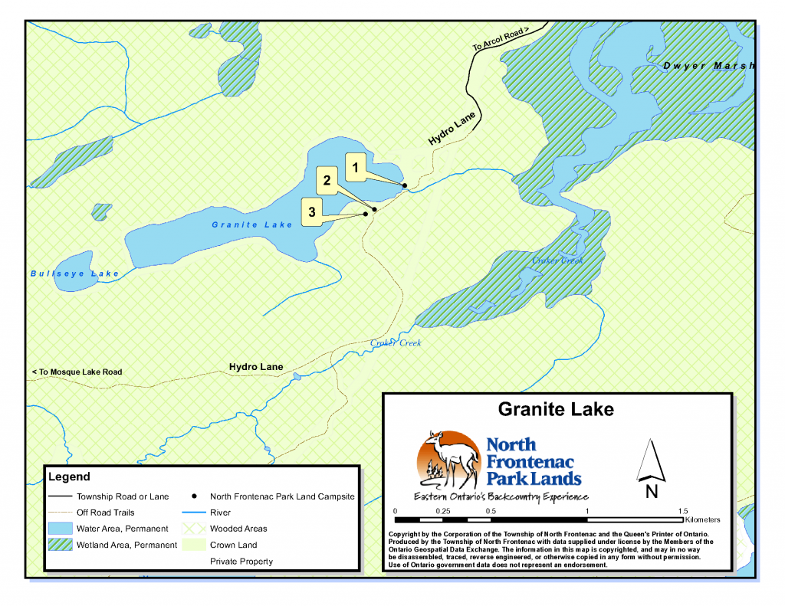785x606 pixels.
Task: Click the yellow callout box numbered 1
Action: pyautogui.click(x=355, y=166)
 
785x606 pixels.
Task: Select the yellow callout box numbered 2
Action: pyautogui.click(x=327, y=182)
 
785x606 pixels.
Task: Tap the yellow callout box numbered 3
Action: pyautogui.click(x=312, y=211)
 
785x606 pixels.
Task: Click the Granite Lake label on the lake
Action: pyautogui.click(x=252, y=224)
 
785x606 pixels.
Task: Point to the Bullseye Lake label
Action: pyautogui.click(x=75, y=274)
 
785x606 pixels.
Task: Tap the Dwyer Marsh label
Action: pyautogui.click(x=709, y=66)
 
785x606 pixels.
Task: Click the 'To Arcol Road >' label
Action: pyautogui.click(x=501, y=40)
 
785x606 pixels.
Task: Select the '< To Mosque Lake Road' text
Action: pyautogui.click(x=77, y=372)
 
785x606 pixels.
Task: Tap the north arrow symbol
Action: pyautogui.click(x=651, y=461)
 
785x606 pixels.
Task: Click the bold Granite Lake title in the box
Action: pyautogui.click(x=556, y=409)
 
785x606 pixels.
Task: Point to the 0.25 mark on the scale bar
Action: pyautogui.click(x=442, y=511)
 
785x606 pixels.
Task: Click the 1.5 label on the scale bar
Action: pyautogui.click(x=683, y=511)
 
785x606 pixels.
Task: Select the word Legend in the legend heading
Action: pyautogui.click(x=69, y=477)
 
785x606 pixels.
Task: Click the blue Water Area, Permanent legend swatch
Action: pyautogui.click(x=60, y=529)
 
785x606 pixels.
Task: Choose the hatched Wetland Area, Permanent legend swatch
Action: pyautogui.click(x=60, y=545)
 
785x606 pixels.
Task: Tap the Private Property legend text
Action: pyautogui.click(x=241, y=562)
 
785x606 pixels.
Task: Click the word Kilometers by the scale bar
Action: pyautogui.click(x=698, y=520)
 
